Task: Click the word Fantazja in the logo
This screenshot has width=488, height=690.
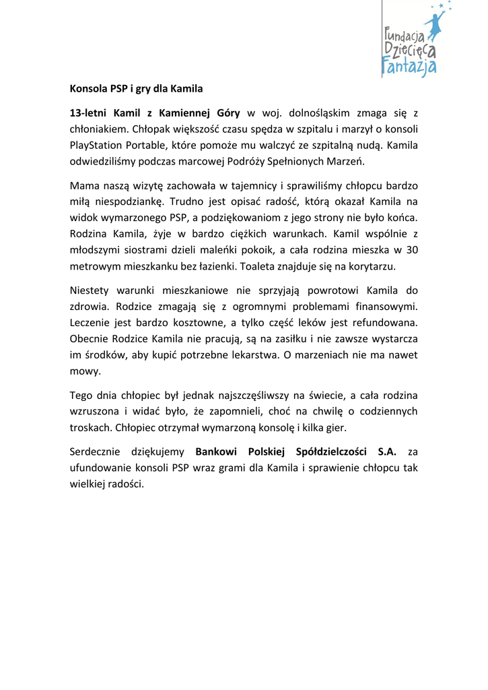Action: tap(409, 65)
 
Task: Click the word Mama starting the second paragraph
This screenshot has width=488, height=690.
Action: tap(84, 185)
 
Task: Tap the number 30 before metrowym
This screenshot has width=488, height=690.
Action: tap(412, 250)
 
